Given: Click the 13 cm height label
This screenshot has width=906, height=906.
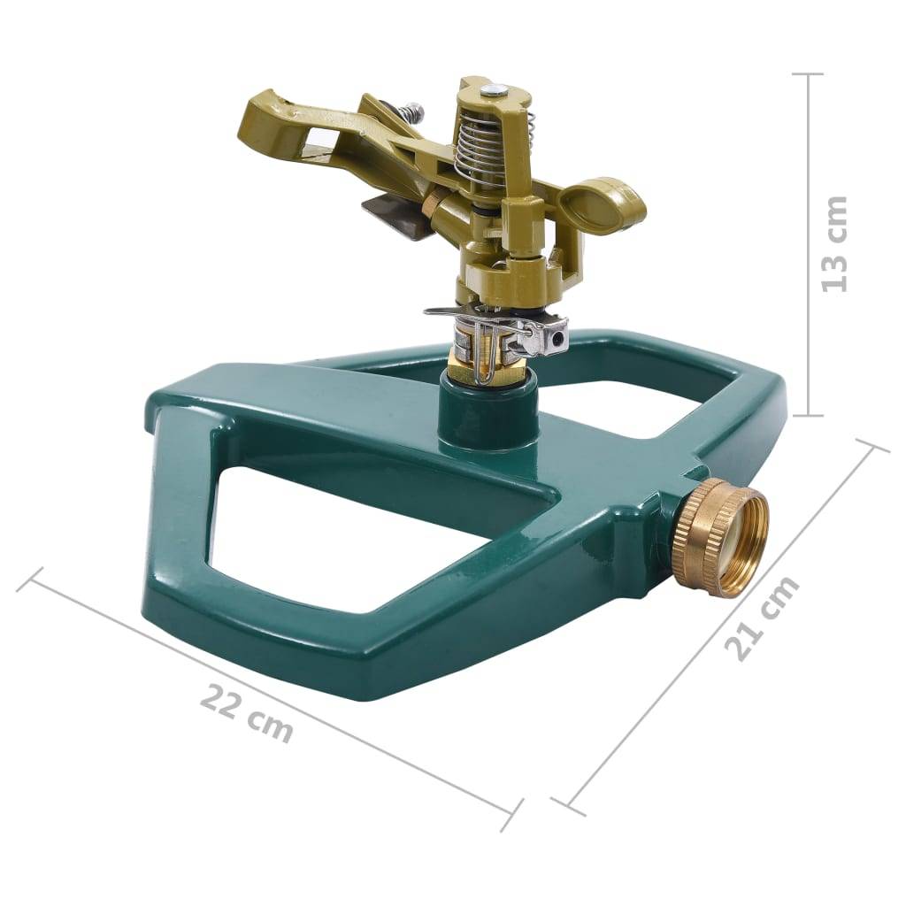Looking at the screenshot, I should (x=833, y=244).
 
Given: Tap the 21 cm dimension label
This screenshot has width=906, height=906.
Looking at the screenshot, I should (x=762, y=618).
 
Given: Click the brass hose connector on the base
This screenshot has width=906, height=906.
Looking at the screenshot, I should (x=719, y=537).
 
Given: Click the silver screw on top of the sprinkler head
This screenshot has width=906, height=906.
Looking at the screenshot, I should (x=497, y=89).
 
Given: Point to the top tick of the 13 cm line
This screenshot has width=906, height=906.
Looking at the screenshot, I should (x=808, y=74).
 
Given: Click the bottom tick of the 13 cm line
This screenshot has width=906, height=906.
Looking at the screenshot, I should (x=808, y=415).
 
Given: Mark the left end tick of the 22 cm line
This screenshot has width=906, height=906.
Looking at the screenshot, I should (x=30, y=580).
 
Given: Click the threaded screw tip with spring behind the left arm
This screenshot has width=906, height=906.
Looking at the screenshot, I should (x=410, y=112).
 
